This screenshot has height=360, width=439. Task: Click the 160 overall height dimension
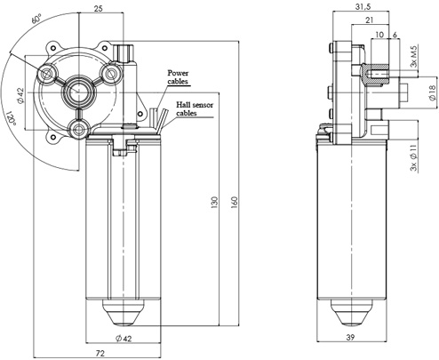[x=234, y=202]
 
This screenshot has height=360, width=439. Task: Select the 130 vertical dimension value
[x=214, y=202]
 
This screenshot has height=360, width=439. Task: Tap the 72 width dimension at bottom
[x=100, y=353]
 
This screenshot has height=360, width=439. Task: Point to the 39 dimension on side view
[x=350, y=337]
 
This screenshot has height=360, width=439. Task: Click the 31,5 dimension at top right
[x=363, y=6]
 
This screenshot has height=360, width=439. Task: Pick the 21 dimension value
[x=369, y=20]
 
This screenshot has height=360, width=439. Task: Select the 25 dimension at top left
[x=99, y=8]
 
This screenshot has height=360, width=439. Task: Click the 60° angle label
[x=36, y=19]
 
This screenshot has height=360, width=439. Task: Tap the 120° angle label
[x=11, y=118]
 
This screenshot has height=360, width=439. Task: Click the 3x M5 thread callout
[x=414, y=56]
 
